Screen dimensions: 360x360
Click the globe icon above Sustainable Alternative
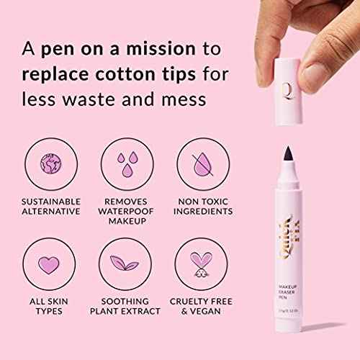coord(50,165)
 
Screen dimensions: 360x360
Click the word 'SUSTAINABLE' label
coord(50,200)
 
